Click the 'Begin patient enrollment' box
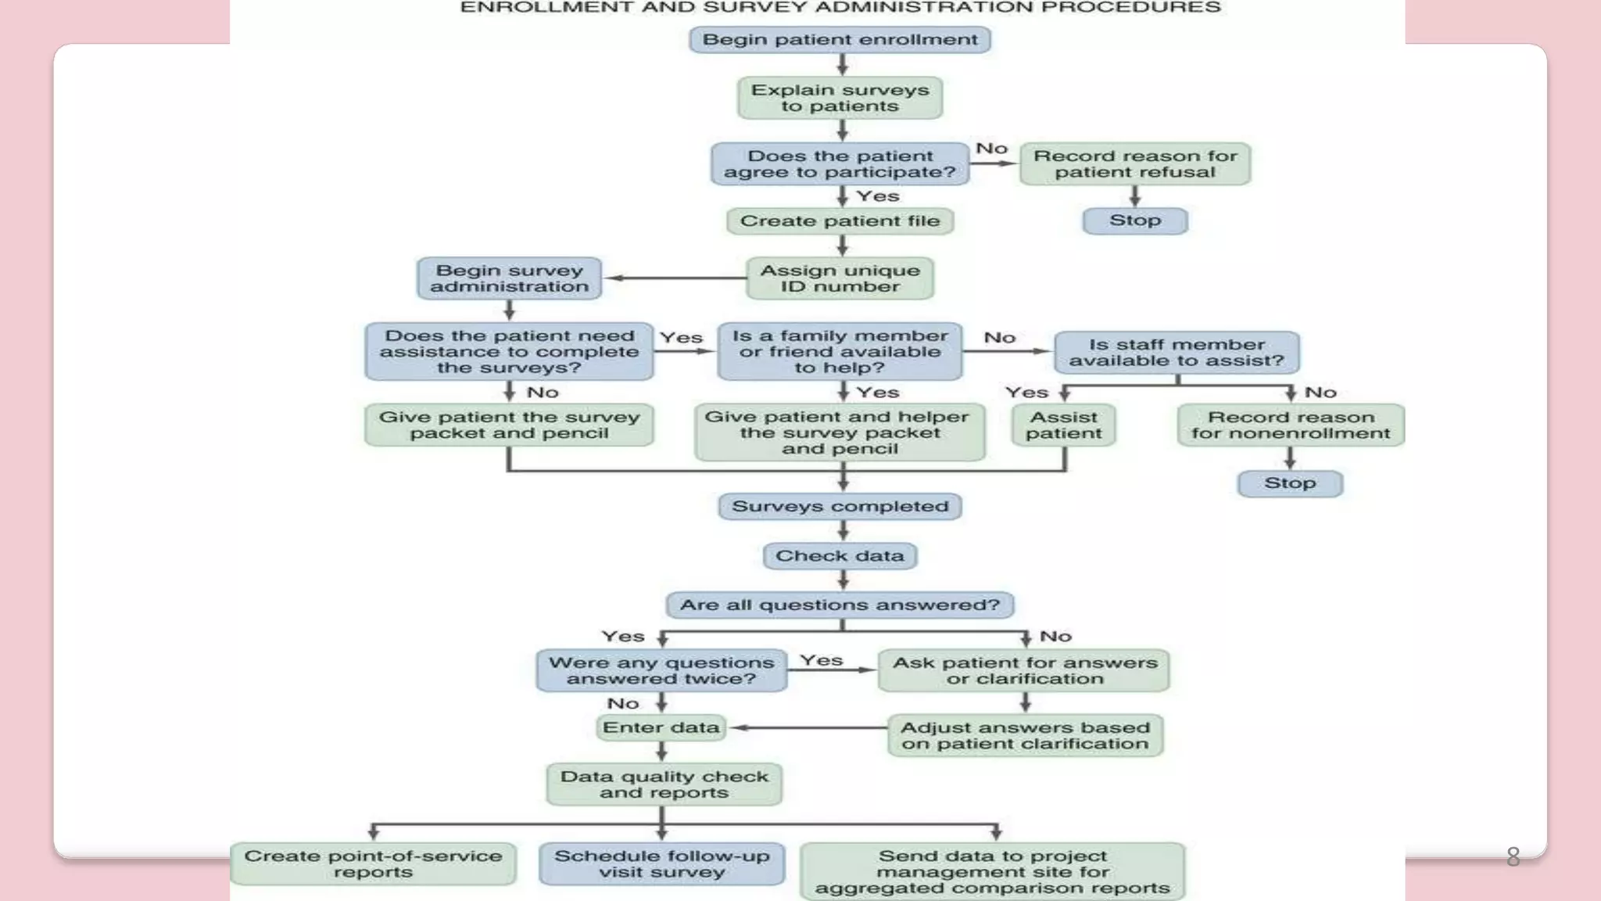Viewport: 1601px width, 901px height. [x=840, y=40]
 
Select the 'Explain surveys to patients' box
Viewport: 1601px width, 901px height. [x=840, y=98]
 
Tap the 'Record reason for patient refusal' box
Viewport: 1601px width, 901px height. [x=1135, y=164]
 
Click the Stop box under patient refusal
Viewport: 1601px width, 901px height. [x=1135, y=221]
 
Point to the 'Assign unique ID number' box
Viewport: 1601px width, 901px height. [x=840, y=278]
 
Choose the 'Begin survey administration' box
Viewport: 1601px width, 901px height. [x=509, y=278]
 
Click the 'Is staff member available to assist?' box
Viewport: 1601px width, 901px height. [x=1177, y=353]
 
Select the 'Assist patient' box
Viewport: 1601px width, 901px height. [x=1063, y=425]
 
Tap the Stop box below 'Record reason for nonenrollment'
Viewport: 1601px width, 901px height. [x=1290, y=483]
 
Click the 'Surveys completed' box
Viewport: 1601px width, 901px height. [x=840, y=507]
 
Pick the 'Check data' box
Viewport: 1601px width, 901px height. [x=840, y=556]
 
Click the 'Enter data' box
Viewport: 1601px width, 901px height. [x=661, y=727]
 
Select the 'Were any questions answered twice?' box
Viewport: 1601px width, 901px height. [x=661, y=671]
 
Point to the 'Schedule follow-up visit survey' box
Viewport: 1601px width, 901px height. [x=661, y=864]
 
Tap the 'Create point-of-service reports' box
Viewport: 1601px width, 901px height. [x=373, y=864]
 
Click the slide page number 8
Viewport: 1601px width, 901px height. [x=1513, y=857]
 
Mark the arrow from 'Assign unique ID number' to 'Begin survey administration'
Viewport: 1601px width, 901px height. [x=676, y=278]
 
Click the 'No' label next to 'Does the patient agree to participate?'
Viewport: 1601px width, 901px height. [x=991, y=149]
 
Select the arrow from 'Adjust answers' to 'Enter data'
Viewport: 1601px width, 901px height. [x=809, y=727]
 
